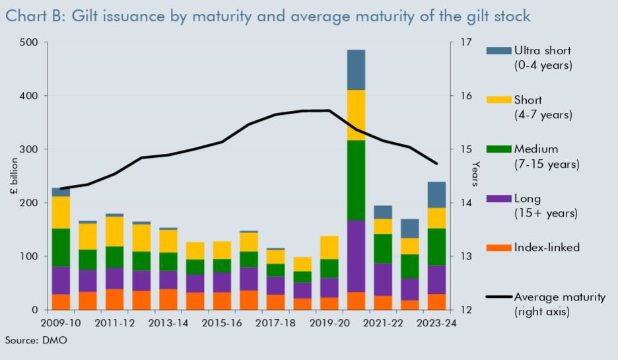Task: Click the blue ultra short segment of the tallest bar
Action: point(356,69)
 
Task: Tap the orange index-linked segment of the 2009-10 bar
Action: point(61,302)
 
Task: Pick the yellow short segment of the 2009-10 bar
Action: point(61,212)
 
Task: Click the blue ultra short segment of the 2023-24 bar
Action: point(436,195)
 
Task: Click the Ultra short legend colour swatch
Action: point(498,51)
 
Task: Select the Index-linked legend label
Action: point(547,248)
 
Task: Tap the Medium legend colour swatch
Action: point(498,149)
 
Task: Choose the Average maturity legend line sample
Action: point(498,297)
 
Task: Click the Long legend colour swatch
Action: point(498,198)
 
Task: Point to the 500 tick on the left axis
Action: point(30,42)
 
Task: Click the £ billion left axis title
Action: point(15,176)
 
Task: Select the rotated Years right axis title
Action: point(475,174)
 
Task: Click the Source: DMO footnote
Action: point(36,340)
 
